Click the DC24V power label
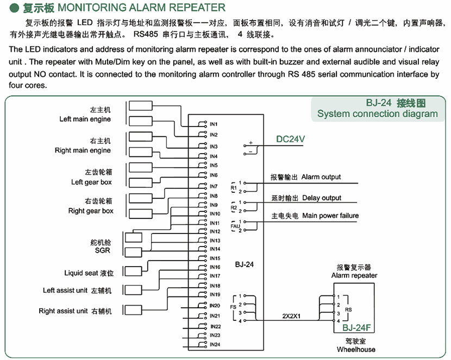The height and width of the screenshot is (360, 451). click(x=291, y=140)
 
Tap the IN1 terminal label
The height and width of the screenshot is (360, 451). click(x=214, y=124)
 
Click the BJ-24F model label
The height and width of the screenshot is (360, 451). click(x=356, y=327)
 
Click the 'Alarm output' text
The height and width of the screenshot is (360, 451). click(x=321, y=177)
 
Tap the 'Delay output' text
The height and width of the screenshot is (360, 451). click(x=322, y=198)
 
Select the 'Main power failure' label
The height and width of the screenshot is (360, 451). click(x=330, y=216)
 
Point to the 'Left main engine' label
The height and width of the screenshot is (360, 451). click(x=85, y=119)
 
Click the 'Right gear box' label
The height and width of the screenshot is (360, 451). click(x=91, y=211)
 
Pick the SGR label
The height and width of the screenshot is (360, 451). click(x=102, y=250)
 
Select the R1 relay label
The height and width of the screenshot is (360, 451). click(x=234, y=187)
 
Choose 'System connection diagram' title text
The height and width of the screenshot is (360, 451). click(x=377, y=113)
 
